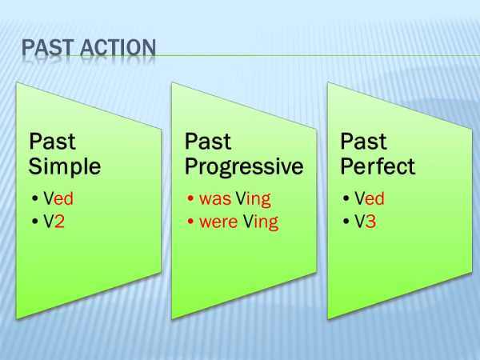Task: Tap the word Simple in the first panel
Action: point(65,168)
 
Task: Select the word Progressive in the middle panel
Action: point(244,168)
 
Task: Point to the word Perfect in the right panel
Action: point(378,166)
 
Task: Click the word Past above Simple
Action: point(52,142)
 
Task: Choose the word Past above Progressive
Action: point(208,142)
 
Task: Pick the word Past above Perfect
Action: point(363,142)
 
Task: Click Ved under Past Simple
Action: point(58,198)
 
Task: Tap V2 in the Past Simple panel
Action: point(54,222)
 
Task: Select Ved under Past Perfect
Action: point(370,198)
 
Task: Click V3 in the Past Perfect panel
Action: point(366,222)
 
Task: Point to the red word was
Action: point(215,198)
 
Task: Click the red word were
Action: point(218,222)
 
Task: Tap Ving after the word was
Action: point(254,199)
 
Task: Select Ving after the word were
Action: point(261,222)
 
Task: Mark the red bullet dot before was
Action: point(190,198)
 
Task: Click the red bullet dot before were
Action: point(190,221)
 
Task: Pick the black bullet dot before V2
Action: point(34,221)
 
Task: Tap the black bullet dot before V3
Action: point(346,221)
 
